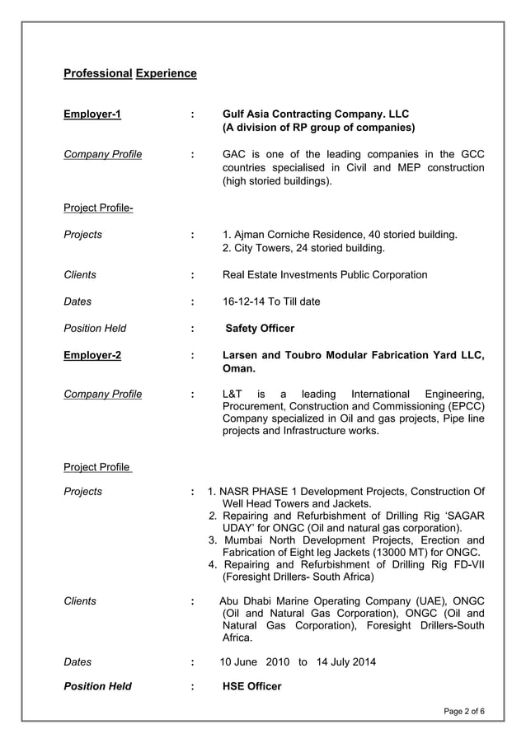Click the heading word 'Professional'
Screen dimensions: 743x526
click(x=97, y=73)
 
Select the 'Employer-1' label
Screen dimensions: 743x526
click(x=92, y=114)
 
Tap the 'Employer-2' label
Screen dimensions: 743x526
click(x=92, y=355)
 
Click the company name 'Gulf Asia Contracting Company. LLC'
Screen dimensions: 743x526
click(x=316, y=114)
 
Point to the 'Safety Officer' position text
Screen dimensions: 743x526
click(x=260, y=328)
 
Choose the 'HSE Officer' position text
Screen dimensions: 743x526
click(x=251, y=686)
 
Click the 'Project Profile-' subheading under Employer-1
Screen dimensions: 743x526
click(x=98, y=208)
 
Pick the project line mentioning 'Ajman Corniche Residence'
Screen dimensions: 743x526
click(x=340, y=235)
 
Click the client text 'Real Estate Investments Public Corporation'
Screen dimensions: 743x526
click(x=325, y=274)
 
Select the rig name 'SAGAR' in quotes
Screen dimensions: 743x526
click(x=465, y=515)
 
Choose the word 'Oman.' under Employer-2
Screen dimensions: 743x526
click(x=239, y=371)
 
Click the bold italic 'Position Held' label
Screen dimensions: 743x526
click(x=97, y=686)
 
